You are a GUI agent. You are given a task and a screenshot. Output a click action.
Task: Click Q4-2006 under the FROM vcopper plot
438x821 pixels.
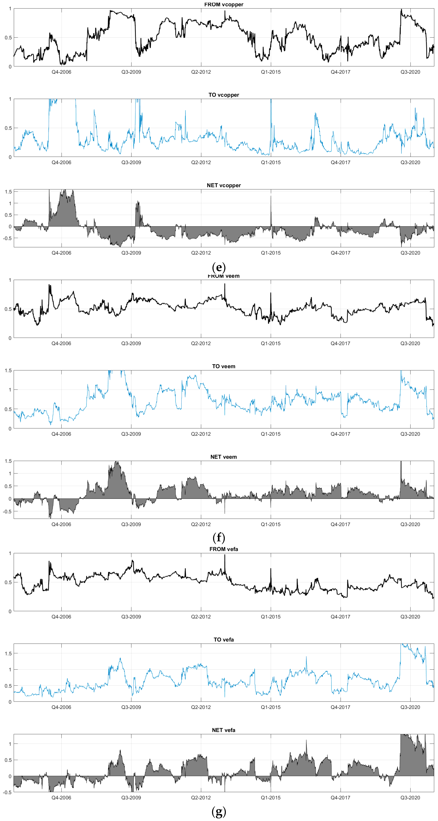click(61, 72)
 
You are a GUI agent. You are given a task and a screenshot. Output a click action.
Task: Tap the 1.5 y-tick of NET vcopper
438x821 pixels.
click(8, 192)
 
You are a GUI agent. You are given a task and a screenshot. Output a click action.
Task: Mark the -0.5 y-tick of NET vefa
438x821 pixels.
click(7, 792)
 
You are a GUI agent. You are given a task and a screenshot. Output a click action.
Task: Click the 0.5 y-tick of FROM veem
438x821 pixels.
click(8, 309)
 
